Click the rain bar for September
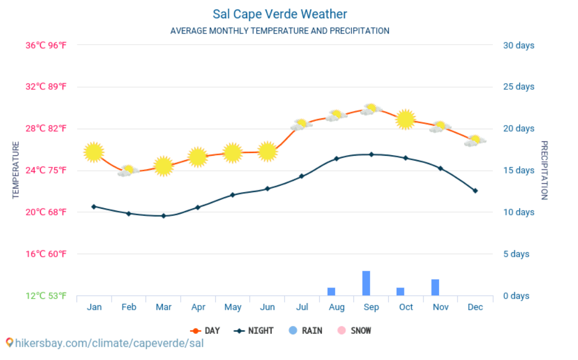click(366, 283)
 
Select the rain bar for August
click(331, 291)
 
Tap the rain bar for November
click(435, 287)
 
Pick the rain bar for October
click(401, 291)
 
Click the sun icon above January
click(94, 152)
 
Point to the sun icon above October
click(406, 119)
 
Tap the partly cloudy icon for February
click(128, 171)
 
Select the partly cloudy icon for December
click(475, 140)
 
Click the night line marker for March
click(163, 215)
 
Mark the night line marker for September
click(371, 154)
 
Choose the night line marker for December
click(475, 191)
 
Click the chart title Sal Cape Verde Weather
click(280, 14)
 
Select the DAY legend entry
click(205, 330)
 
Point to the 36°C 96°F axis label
click(46, 45)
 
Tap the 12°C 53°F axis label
click(46, 296)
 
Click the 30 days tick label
click(518, 45)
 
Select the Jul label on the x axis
click(302, 307)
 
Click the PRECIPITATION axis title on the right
click(545, 170)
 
